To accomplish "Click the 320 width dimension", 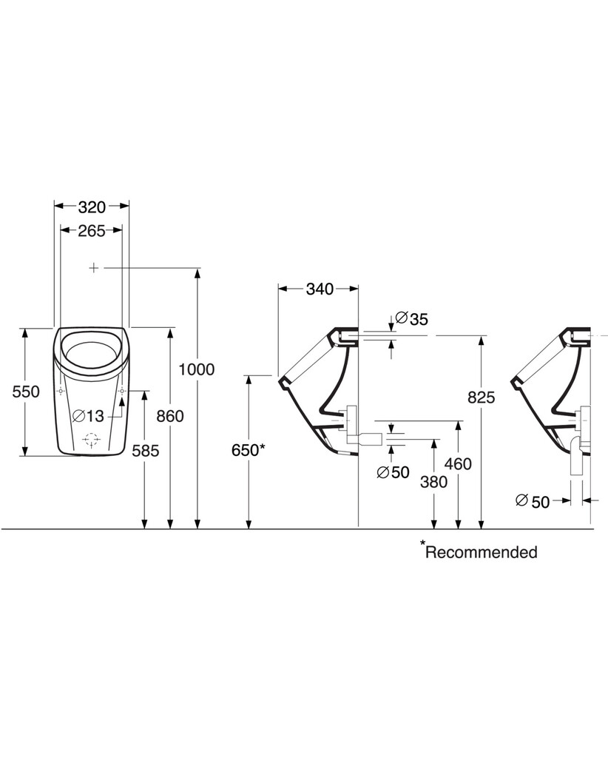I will (x=92, y=206).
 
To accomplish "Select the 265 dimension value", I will (x=91, y=230).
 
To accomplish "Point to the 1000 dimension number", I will (x=197, y=369).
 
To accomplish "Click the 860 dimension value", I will (x=170, y=416).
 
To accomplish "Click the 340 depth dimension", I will (x=319, y=289).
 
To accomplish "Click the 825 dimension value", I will (x=481, y=397).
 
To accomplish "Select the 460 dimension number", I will (x=459, y=463).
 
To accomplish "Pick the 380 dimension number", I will (x=433, y=482).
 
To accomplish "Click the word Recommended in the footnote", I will (x=482, y=551).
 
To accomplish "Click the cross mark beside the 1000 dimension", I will (x=93, y=267).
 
